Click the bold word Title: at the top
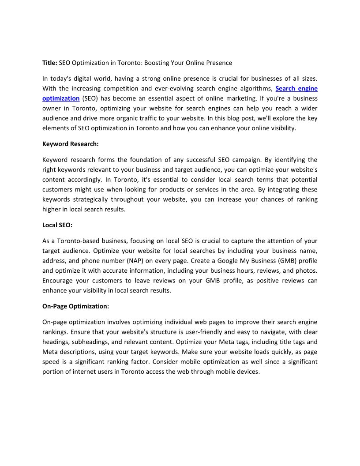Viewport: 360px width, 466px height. [50, 63]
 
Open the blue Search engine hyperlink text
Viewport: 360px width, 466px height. [296, 88]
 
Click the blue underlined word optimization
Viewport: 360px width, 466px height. [61, 98]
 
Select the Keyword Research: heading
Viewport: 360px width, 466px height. [70, 143]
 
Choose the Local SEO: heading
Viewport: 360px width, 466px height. [57, 225]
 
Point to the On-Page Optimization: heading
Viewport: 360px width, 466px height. [75, 306]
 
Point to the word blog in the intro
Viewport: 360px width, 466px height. [241, 118]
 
